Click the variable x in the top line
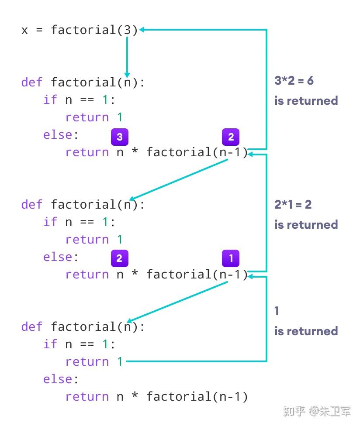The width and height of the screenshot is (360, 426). coord(25,31)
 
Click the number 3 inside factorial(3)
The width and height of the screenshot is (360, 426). coord(128,30)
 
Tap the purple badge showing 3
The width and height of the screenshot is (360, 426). coord(119,137)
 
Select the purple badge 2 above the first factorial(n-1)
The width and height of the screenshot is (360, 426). coord(231,137)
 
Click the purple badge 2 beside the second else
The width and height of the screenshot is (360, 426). coord(119,258)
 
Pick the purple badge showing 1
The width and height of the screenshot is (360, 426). coord(231,258)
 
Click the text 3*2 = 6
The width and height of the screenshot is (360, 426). coord(294,81)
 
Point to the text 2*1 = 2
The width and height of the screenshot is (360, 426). coord(293,204)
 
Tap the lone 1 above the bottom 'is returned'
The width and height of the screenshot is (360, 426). coord(277,311)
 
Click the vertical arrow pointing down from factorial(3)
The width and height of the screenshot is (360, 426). coord(127,55)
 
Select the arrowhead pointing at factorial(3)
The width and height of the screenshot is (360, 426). coord(142,30)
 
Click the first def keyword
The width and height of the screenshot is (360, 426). coord(32,82)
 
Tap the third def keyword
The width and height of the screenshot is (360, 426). coord(32,327)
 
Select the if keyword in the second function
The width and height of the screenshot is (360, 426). coord(50,222)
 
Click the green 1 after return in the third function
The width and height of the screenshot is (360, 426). coord(120,362)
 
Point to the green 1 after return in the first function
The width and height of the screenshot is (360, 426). coord(120,117)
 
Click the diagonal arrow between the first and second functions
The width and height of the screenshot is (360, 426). coord(179,180)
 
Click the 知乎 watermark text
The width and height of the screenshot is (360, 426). coord(294,411)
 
